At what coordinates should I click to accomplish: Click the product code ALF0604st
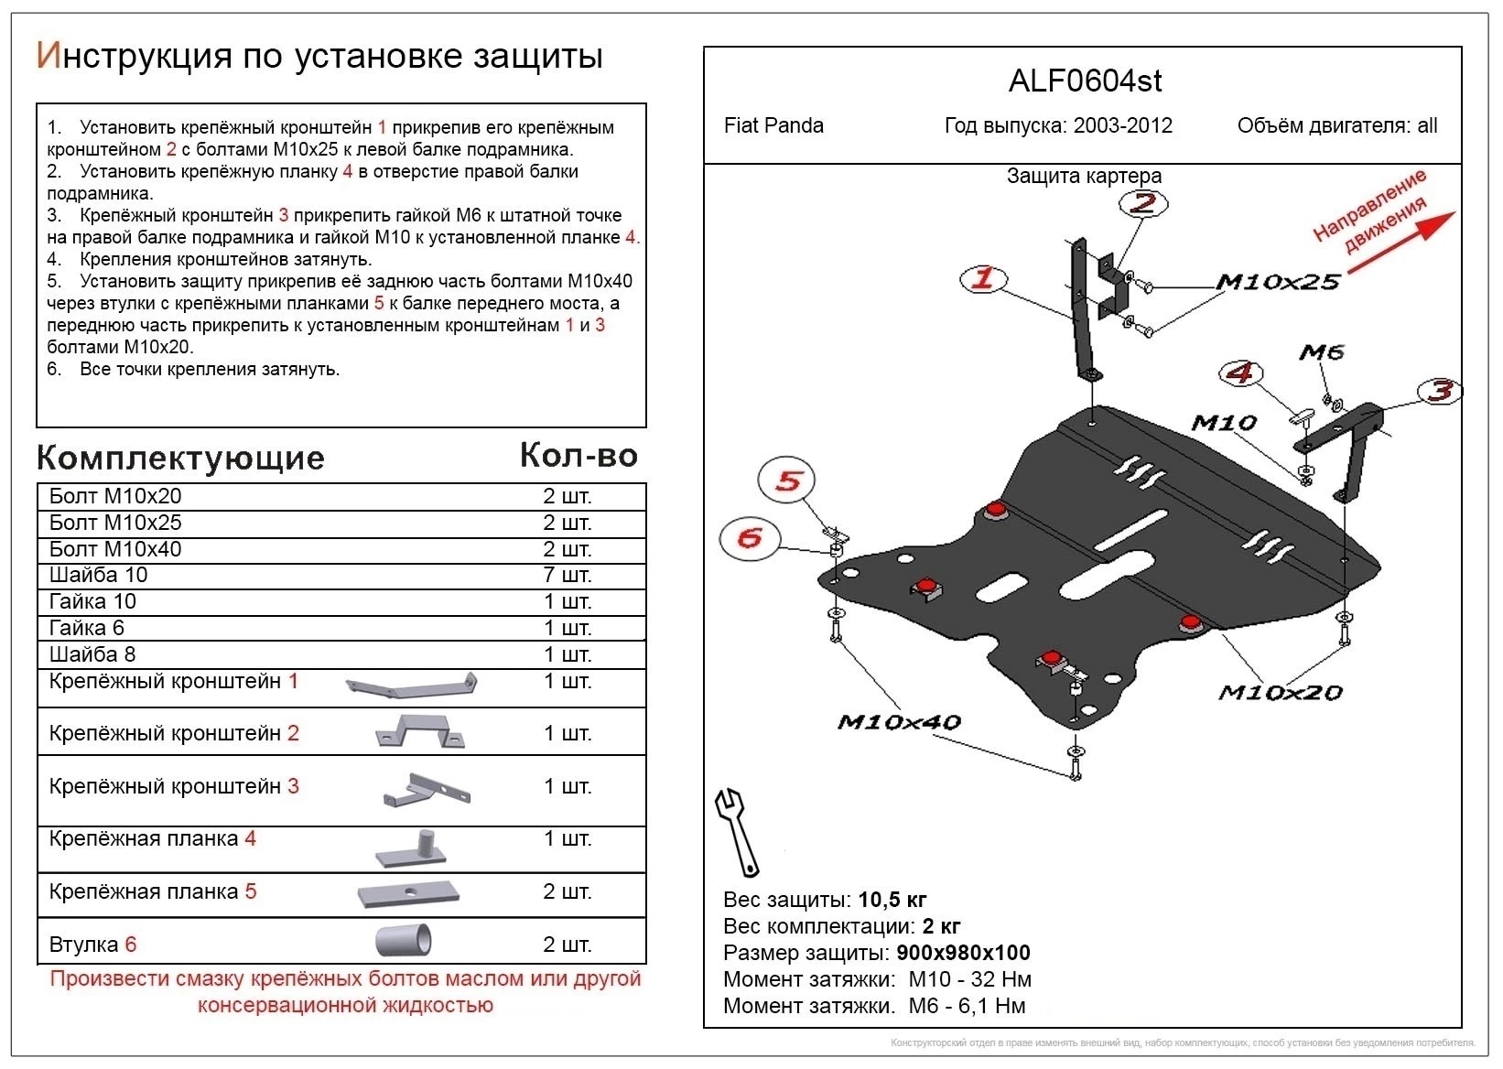tap(1085, 81)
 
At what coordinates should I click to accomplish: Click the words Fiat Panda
tap(773, 125)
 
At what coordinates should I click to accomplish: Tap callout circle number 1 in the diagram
tap(983, 279)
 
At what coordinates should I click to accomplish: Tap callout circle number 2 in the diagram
tap(1143, 203)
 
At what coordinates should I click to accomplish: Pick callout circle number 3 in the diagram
tap(1440, 392)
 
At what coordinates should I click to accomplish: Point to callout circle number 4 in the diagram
tap(1240, 373)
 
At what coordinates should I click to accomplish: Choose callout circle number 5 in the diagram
tap(787, 481)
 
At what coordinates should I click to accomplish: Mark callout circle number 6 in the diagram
tap(750, 537)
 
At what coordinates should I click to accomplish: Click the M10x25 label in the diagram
tap(1278, 283)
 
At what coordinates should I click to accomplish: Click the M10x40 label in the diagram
tap(899, 723)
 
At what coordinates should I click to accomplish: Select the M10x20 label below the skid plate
tap(1280, 693)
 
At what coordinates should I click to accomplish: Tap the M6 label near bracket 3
tap(1321, 352)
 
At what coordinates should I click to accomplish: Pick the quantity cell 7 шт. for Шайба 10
tap(568, 575)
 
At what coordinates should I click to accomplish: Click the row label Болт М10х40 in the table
tap(115, 549)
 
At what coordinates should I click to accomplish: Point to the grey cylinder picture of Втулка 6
tap(404, 940)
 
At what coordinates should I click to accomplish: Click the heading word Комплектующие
tap(180, 458)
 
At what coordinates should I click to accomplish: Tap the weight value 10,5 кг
tap(892, 900)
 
